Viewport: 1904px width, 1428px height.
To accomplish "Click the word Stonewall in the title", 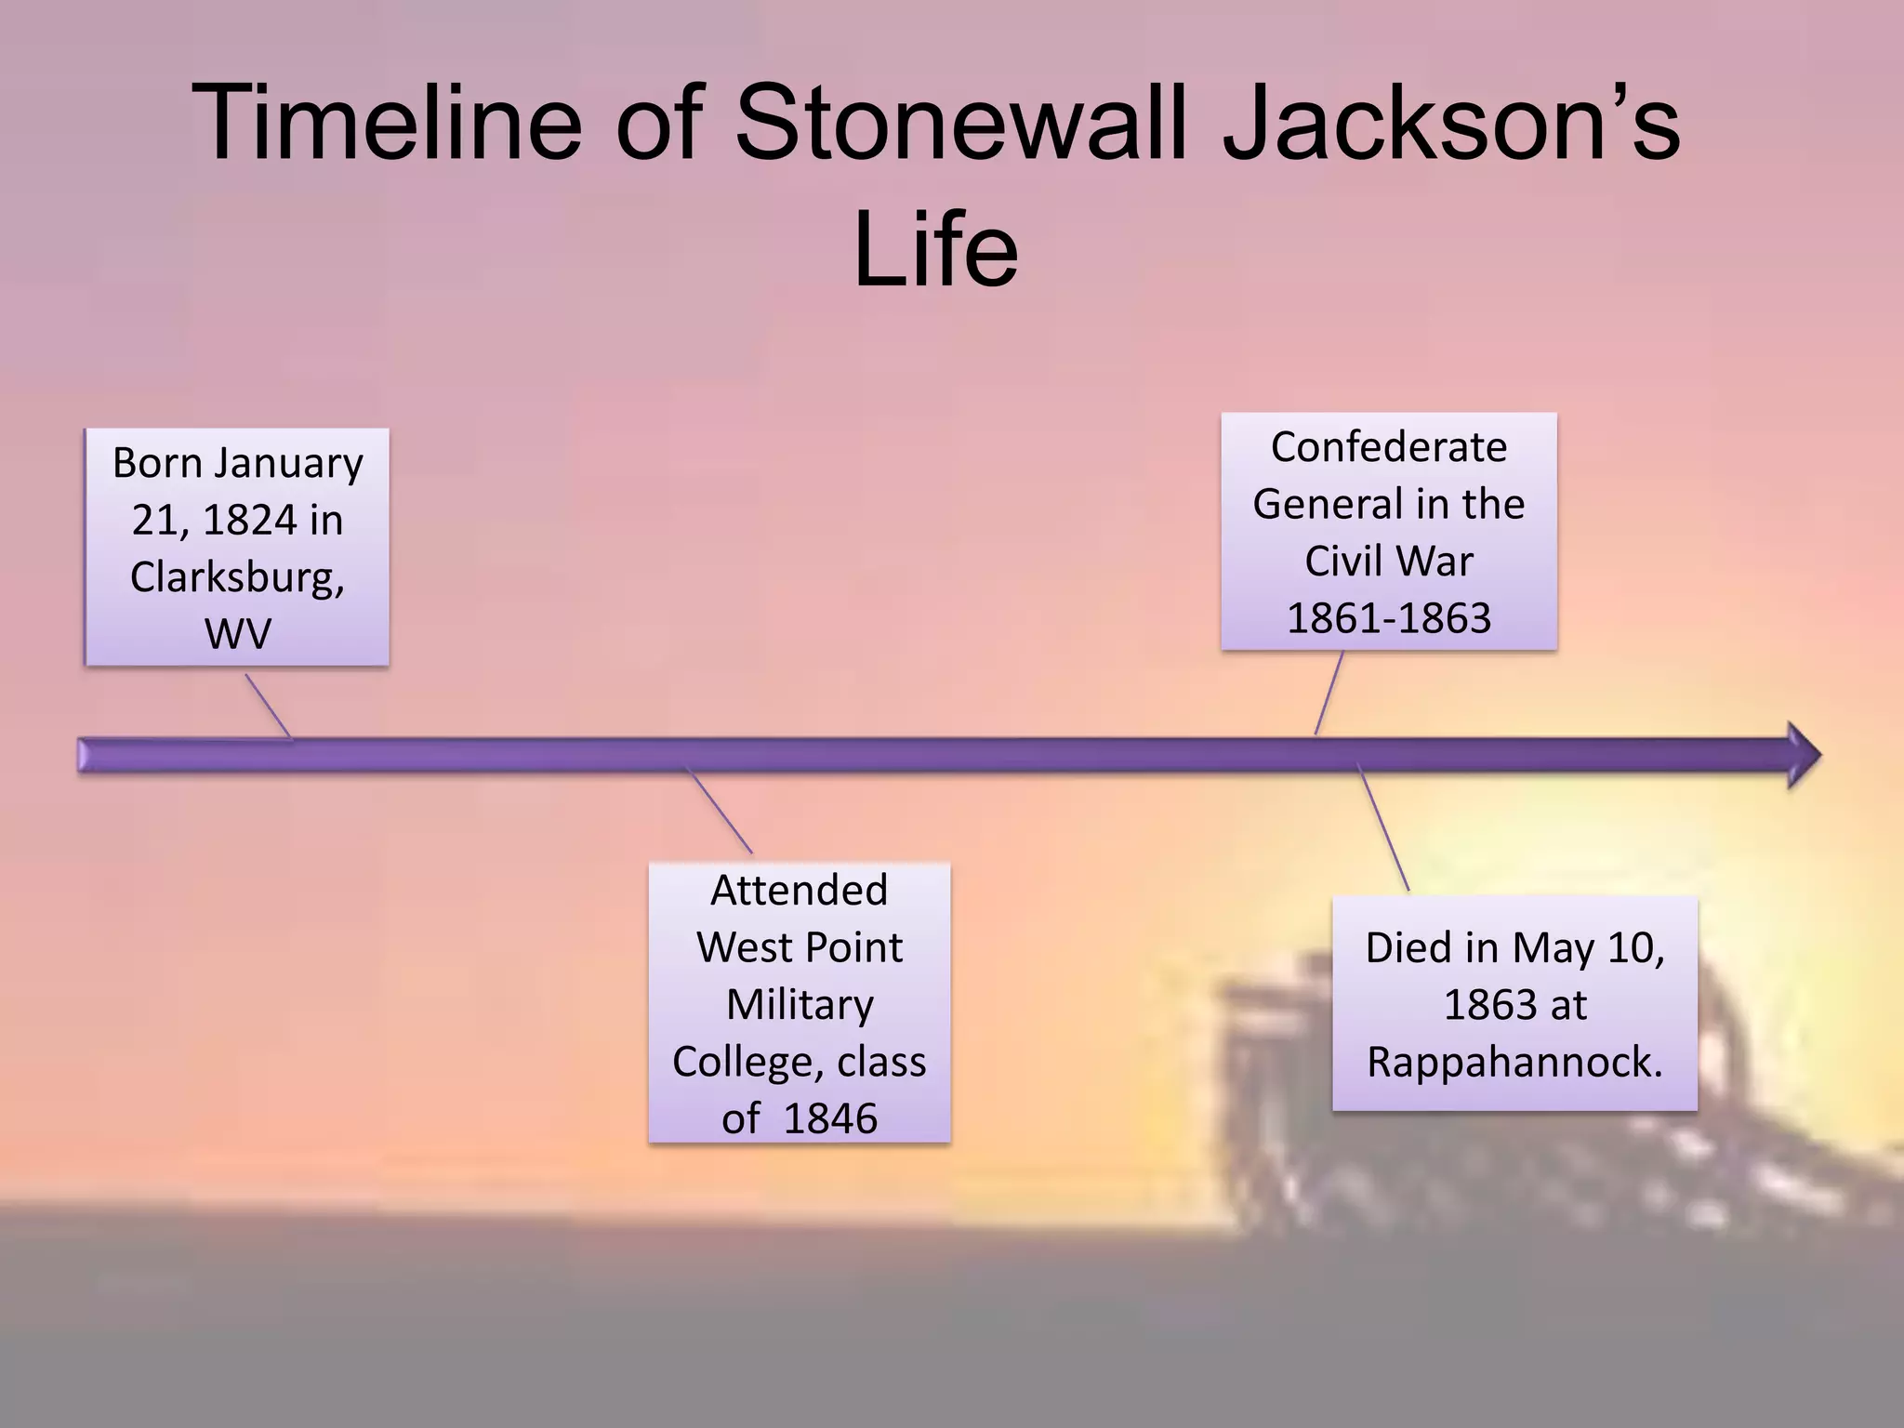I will pos(962,124).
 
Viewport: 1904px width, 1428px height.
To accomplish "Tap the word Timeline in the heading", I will pos(386,124).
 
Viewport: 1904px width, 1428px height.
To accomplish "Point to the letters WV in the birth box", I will pos(237,634).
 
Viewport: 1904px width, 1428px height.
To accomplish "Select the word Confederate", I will pos(1388,447).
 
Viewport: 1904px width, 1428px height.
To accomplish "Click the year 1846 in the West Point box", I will pos(830,1118).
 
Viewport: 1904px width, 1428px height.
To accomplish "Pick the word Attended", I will pos(799,891).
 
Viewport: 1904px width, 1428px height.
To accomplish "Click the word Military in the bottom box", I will pos(800,1005).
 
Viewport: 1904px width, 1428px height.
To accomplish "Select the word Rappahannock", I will pos(1514,1062).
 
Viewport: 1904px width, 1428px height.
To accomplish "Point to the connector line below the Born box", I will pos(268,706).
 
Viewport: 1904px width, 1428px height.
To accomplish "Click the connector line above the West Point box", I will pos(719,810).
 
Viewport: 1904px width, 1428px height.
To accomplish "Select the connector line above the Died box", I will pos(1383,827).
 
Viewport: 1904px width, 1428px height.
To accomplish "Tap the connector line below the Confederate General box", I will pos(1329,693).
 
